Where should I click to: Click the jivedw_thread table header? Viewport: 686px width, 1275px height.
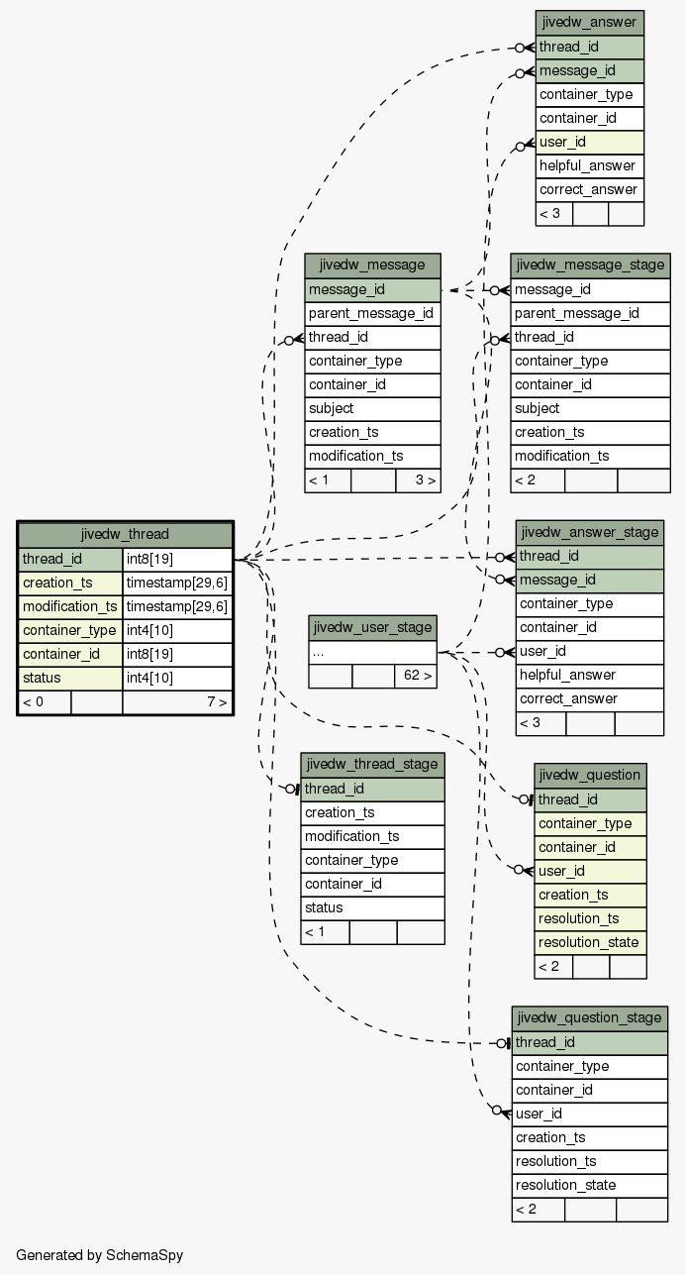pos(125,535)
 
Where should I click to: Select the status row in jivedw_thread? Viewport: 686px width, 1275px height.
pos(125,678)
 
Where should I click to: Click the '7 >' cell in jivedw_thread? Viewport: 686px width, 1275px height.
pos(177,702)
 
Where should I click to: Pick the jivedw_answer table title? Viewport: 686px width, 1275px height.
pos(589,23)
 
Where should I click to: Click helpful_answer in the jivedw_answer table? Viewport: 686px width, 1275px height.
pos(589,165)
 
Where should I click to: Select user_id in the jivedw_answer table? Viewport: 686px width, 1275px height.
pos(589,142)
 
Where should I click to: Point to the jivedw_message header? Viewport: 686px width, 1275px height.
pos(372,266)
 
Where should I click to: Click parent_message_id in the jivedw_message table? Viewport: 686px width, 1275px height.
pos(372,314)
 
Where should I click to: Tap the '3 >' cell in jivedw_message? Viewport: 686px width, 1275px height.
pos(419,480)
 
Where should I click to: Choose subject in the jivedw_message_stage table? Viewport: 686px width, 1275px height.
pos(590,409)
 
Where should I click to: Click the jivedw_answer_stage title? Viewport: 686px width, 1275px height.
pos(590,533)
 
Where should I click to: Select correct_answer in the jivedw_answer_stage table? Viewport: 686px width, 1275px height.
pos(590,699)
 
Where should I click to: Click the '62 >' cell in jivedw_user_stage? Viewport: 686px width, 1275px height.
pos(416,677)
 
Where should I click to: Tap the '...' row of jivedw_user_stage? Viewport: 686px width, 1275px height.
pos(372,652)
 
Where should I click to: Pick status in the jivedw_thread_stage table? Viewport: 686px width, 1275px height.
pos(372,907)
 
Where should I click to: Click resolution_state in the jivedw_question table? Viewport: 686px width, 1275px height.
pos(590,942)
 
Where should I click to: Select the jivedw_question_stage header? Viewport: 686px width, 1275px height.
pos(590,1018)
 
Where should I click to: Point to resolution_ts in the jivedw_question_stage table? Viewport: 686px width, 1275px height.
pos(590,1162)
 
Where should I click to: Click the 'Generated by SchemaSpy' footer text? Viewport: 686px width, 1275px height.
pos(100,1255)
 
